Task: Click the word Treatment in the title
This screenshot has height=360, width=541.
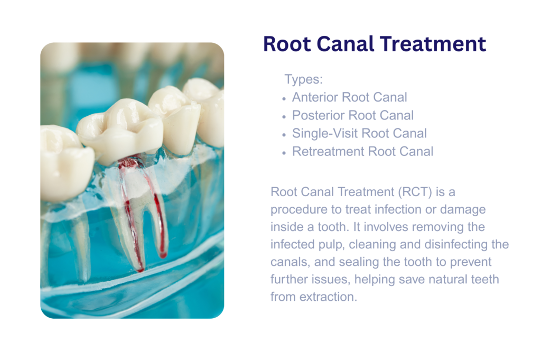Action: point(433,44)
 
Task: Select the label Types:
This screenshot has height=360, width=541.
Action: point(304,79)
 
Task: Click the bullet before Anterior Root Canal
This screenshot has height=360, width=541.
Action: point(284,99)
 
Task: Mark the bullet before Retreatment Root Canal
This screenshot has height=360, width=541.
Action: point(284,153)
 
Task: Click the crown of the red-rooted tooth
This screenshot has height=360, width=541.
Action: point(119,131)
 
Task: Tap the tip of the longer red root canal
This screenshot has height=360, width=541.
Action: point(141,270)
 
